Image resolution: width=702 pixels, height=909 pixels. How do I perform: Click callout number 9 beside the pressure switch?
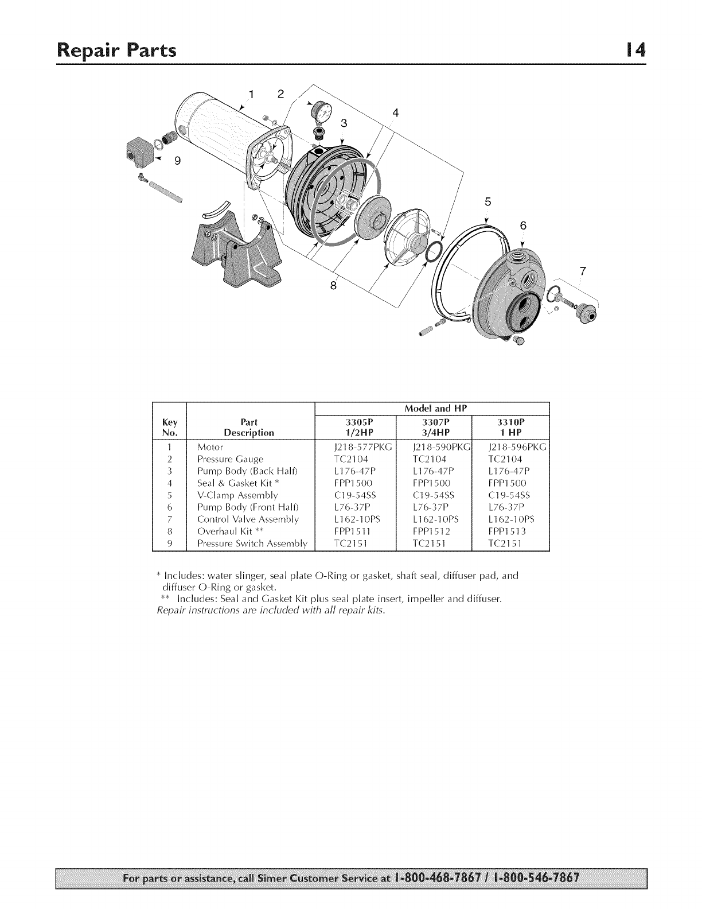pos(177,161)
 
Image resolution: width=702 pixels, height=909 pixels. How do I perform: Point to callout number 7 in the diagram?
pos(583,271)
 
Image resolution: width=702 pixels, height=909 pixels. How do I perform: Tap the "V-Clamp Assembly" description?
pos(237,495)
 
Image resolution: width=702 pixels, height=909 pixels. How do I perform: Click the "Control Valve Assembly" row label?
pos(248,519)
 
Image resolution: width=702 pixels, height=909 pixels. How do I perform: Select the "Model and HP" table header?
pos(433,409)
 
